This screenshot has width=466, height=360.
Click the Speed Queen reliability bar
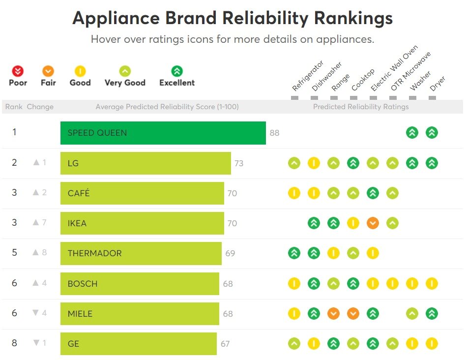(x=163, y=133)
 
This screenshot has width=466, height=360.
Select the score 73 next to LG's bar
(x=239, y=163)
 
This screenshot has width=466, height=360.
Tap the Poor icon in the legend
(x=18, y=71)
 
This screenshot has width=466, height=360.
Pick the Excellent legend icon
(x=177, y=71)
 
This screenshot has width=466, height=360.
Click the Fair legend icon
(x=48, y=71)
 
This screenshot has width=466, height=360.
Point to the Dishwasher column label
(x=326, y=77)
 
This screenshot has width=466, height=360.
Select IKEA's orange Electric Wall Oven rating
(x=373, y=223)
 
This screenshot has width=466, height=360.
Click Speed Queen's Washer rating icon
(x=412, y=132)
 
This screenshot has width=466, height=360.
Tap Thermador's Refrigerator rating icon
(x=294, y=253)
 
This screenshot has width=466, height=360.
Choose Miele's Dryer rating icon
(x=432, y=313)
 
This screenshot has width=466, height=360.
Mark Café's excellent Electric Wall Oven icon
(x=373, y=193)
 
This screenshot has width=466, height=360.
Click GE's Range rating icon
(x=333, y=343)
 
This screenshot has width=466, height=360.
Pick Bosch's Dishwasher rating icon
(x=314, y=283)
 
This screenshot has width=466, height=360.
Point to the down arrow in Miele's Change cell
(x=36, y=313)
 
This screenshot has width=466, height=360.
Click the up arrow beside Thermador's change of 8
(x=35, y=253)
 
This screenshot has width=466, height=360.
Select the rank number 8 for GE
(x=14, y=343)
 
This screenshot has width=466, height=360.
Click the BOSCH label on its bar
(x=83, y=284)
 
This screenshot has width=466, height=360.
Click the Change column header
(x=40, y=107)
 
